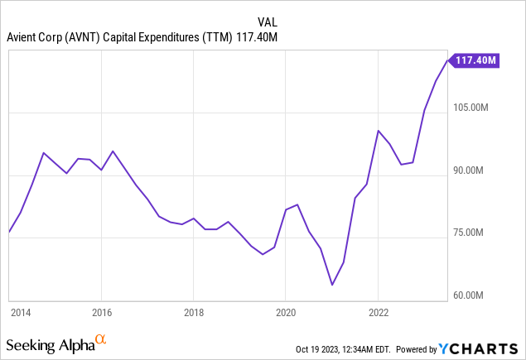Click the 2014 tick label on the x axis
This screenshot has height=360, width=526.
click(20, 313)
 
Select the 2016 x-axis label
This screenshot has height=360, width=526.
click(100, 313)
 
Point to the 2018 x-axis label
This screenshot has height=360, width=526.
click(193, 313)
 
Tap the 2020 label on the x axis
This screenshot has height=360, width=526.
click(286, 313)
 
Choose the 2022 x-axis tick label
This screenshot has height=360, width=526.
click(379, 313)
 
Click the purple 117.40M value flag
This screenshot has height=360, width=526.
click(475, 60)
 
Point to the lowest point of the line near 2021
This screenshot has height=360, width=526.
click(331, 285)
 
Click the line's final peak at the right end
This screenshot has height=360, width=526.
click(447, 60)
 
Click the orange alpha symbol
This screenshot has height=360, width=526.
click(101, 339)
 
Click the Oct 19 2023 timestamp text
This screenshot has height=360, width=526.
click(340, 348)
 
